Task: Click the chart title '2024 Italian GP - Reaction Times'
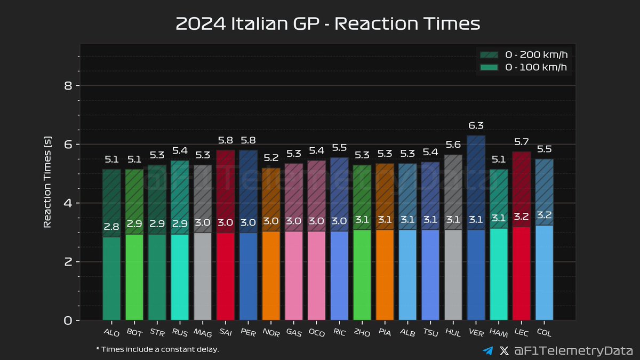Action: tap(328, 24)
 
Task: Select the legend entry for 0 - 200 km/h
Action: tap(525, 54)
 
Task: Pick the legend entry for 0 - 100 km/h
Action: tap(525, 68)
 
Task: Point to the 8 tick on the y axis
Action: tap(68, 86)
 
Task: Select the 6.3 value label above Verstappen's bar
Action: tap(476, 126)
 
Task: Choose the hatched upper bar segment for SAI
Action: tap(225, 191)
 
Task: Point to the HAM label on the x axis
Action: tap(498, 333)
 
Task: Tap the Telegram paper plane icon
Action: tap(487, 350)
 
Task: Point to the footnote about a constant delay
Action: tap(157, 349)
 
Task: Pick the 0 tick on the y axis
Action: tap(68, 321)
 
